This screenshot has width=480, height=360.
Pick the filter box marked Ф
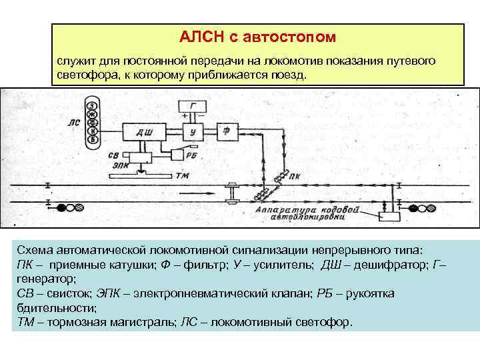(x=227, y=131)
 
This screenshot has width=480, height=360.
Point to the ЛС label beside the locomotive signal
(x=73, y=123)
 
